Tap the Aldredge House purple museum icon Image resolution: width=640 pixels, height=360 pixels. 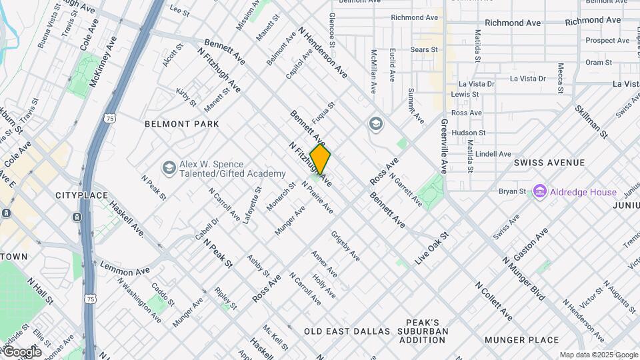pyautogui.click(x=539, y=192)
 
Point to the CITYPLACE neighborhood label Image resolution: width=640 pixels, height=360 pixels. pyautogui.click(x=81, y=195)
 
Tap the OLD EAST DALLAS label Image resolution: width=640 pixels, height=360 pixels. pyautogui.click(x=347, y=331)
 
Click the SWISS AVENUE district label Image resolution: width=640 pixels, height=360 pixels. pyautogui.click(x=549, y=163)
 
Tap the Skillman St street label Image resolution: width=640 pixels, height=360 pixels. pyautogui.click(x=591, y=122)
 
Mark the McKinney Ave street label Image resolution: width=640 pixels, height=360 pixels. pyautogui.click(x=103, y=61)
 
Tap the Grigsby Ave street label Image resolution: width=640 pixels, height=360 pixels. pyautogui.click(x=346, y=246)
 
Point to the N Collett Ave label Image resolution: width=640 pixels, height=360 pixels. pyautogui.click(x=494, y=301)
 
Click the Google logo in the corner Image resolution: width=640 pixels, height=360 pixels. pyautogui.click(x=21, y=352)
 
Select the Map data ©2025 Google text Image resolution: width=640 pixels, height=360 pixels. pyautogui.click(x=598, y=355)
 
